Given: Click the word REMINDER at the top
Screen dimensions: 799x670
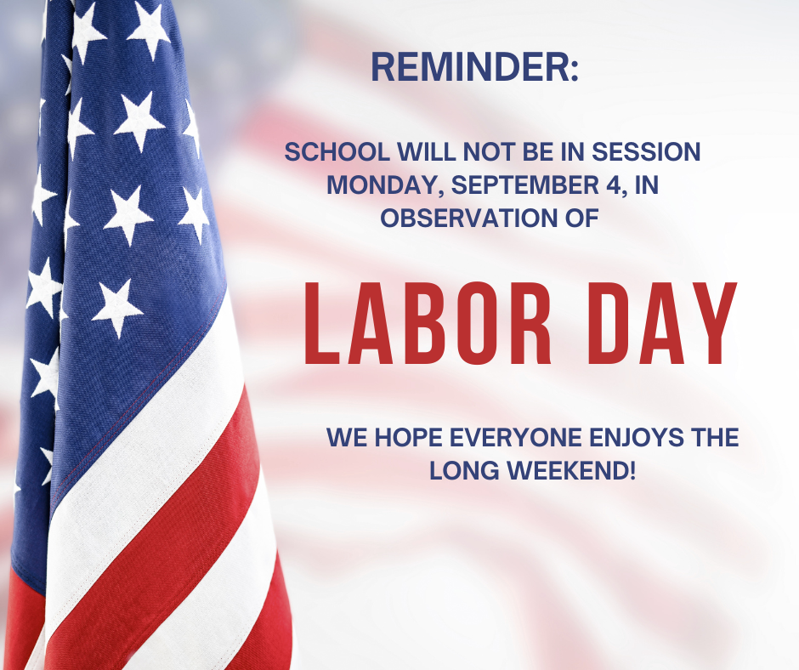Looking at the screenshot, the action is coord(470,67).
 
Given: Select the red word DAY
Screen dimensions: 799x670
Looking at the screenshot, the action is coord(662,323).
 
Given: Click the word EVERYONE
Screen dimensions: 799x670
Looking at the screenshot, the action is coord(516,438).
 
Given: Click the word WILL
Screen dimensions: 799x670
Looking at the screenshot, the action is coord(426,152).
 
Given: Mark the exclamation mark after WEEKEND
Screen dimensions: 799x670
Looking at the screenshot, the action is coord(633,470).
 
